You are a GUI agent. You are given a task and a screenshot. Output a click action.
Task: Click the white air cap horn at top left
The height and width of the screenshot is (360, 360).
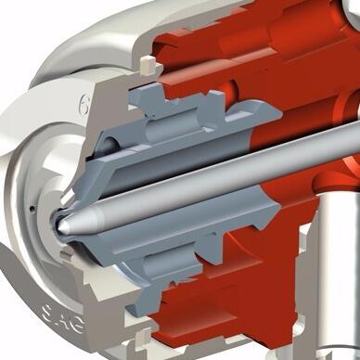74,37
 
